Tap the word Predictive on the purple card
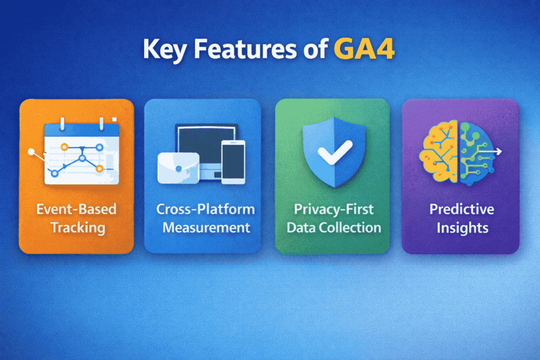461,209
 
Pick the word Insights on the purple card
461,228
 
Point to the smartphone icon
233,162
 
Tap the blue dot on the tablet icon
178,168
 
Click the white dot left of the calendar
32,152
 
